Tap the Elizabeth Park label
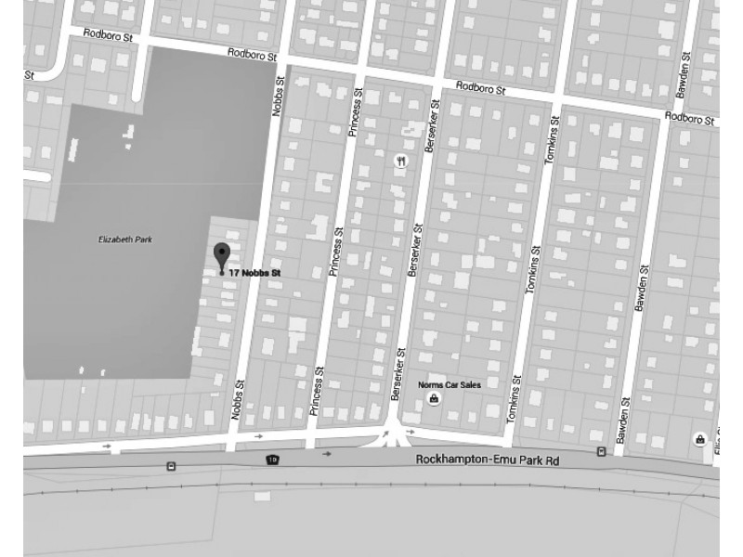pos(124,240)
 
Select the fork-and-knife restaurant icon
pos(401,160)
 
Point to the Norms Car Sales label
pos(444,383)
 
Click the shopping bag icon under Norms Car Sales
pos(433,399)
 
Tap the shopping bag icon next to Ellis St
pos(698,438)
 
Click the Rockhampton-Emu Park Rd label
pos(488,460)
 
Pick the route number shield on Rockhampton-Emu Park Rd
pos(271,460)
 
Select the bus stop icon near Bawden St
pos(601,452)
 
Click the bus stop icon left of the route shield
pos(171,466)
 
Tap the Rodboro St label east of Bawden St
pos(689,118)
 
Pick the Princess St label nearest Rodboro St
pos(352,113)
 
